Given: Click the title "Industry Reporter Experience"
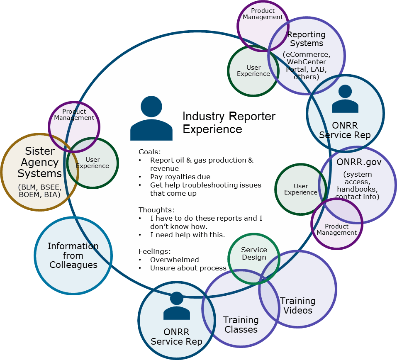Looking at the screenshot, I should (229, 122).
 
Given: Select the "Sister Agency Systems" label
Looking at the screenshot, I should (40, 162).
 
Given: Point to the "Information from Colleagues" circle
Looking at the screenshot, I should (73, 255).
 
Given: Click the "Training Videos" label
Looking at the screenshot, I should (297, 305).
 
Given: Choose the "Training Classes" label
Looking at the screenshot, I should (241, 325).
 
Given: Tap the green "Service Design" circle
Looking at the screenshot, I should (254, 253).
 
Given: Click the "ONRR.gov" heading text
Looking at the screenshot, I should (359, 161).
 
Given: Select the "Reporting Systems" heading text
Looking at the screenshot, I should (307, 39).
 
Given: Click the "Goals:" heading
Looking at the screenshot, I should (149, 151).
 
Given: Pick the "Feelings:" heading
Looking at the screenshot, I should (154, 251).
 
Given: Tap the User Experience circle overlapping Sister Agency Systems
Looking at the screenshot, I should (93, 163).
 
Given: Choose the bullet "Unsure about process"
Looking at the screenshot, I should (188, 268).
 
